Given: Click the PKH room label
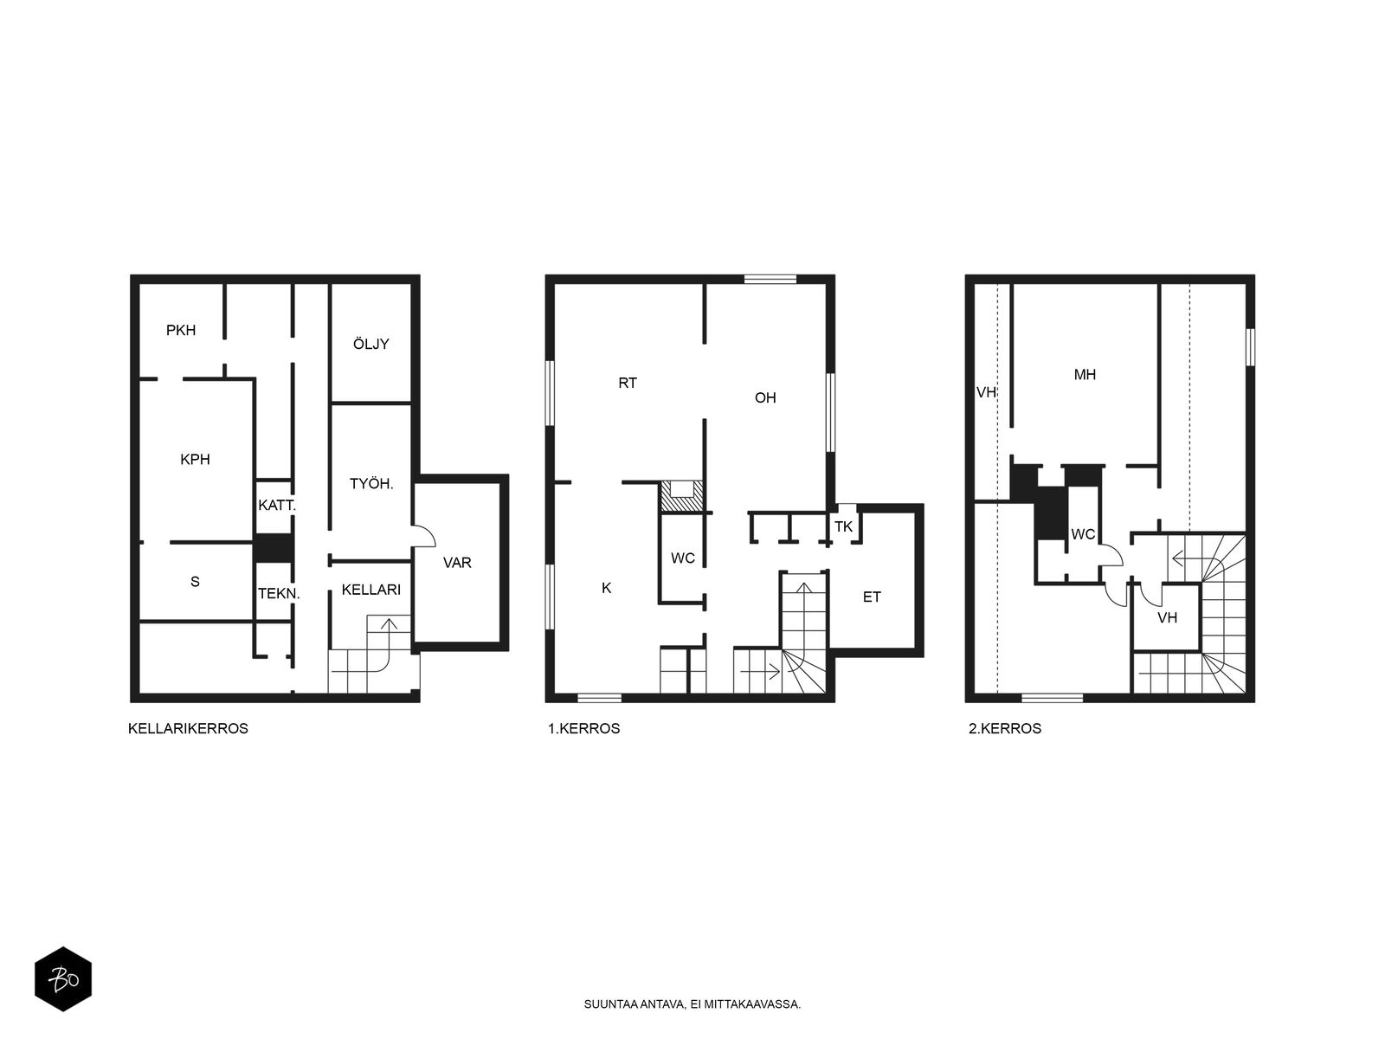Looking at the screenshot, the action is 180,330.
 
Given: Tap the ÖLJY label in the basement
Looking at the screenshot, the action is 370,343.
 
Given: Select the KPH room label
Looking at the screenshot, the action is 195,459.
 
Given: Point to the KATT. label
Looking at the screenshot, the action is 276,505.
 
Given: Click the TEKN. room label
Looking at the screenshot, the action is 279,594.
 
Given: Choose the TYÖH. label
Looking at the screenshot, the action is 371,484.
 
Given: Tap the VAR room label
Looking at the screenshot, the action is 457,562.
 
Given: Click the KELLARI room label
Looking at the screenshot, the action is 371,590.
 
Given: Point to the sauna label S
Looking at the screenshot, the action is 195,581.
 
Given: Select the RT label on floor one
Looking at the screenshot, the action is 628,383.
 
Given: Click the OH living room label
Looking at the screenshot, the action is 764,397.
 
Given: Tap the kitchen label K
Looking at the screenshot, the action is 607,588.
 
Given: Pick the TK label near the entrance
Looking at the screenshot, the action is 844,526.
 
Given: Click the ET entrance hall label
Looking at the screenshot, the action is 872,597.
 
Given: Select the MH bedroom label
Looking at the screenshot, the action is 1085,375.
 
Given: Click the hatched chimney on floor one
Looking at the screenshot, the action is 681,496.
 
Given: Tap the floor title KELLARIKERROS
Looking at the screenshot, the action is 188,728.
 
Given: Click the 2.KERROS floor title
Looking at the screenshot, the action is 1004,728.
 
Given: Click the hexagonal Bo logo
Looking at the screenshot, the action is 63,978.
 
